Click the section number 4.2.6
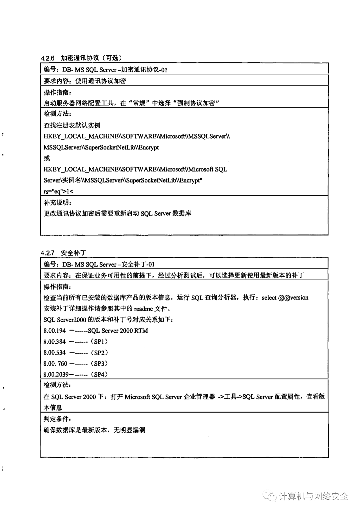point(48,58)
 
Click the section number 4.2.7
point(48,253)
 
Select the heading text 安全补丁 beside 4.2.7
point(73,253)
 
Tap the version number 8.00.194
point(55,331)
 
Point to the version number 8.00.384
point(55,342)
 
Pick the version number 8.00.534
point(55,353)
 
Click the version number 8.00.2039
point(56,375)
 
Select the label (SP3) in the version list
point(99,364)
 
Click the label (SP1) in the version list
point(99,342)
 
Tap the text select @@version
point(285,298)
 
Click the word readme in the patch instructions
point(143,309)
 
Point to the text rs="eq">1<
point(58,191)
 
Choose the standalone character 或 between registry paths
point(47,158)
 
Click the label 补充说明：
point(57,202)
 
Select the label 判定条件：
point(57,419)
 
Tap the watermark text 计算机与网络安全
point(313,496)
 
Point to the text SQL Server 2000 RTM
point(118,331)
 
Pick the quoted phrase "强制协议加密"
point(198,103)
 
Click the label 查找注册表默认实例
point(72,125)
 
